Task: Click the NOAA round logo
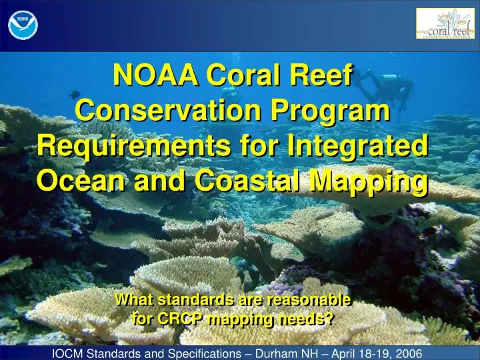tap(23, 25)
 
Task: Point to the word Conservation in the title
tap(164, 109)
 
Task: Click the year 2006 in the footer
tap(407, 351)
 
